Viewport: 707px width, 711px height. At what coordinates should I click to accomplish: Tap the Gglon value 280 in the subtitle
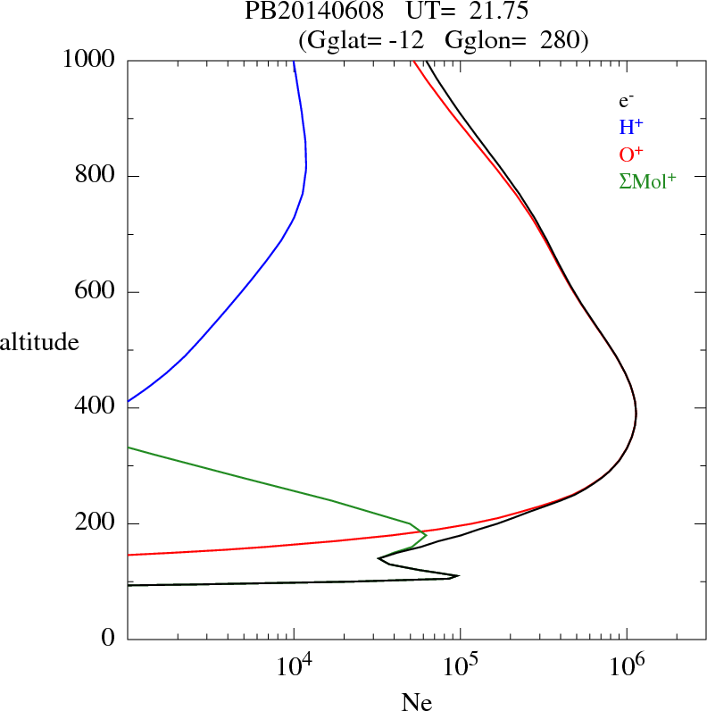[561, 40]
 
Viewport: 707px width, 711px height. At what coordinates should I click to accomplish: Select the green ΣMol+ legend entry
[647, 180]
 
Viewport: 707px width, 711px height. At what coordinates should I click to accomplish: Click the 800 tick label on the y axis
[96, 176]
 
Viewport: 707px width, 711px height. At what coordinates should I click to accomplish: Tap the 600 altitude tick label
[96, 292]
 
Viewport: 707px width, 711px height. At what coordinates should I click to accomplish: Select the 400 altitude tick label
[96, 408]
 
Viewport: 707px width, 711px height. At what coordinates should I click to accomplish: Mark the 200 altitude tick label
[96, 523]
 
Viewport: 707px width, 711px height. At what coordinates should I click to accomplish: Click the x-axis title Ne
[416, 703]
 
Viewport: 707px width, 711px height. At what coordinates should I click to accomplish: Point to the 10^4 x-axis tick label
[295, 668]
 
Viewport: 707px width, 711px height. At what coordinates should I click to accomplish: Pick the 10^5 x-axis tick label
[461, 668]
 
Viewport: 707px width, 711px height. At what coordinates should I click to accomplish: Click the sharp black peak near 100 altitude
[458, 576]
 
